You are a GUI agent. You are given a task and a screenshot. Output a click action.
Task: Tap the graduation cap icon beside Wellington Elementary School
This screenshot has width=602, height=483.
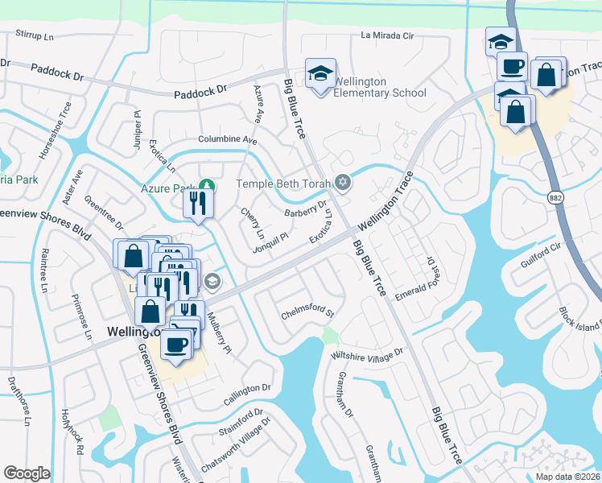click(320, 75)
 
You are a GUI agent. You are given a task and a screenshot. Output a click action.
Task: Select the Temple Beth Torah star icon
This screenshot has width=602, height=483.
click(344, 184)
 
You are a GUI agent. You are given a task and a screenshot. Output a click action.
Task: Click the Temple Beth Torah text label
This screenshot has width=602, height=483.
click(284, 184)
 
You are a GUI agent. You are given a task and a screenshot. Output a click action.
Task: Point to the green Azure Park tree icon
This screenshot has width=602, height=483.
click(207, 187)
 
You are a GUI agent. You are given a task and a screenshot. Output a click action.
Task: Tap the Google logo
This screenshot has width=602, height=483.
click(27, 473)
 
